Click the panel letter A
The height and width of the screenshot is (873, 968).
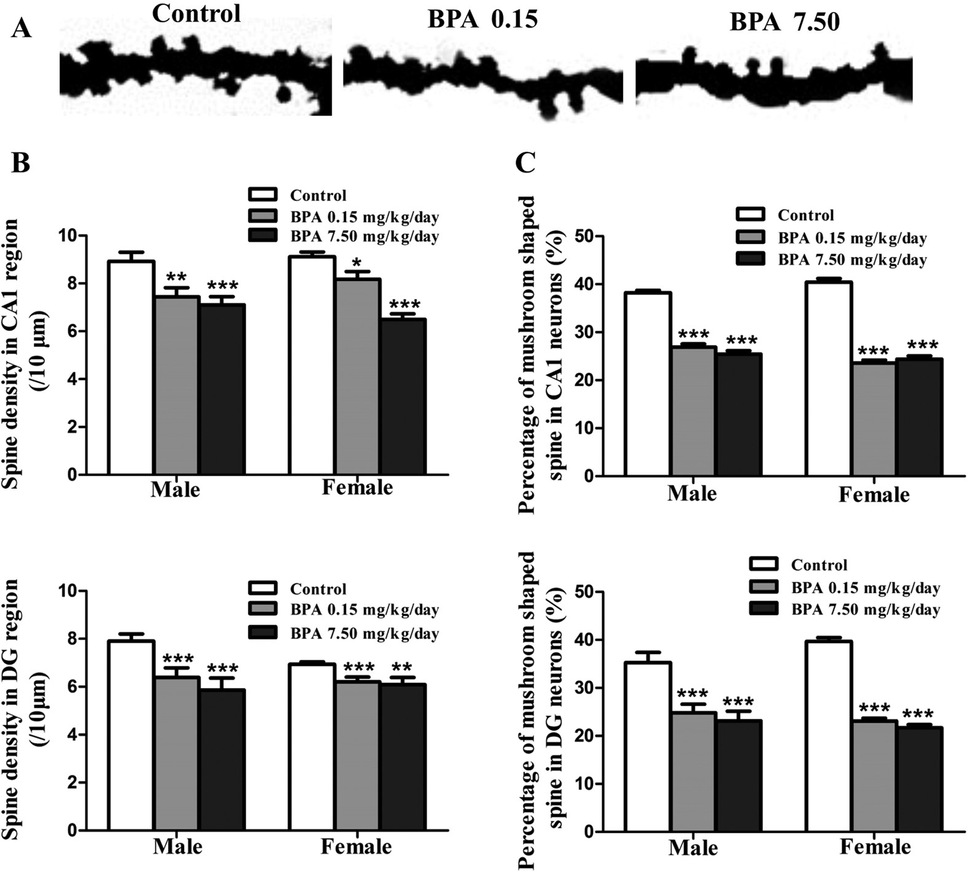point(21,28)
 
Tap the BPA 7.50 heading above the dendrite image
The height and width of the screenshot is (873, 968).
point(784,22)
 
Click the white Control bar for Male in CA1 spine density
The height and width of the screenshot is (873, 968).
point(131,369)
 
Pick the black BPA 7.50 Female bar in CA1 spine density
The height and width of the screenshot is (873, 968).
point(403,397)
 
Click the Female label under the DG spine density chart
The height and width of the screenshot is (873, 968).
point(356,847)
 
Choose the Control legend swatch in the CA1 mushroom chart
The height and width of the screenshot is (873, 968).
point(750,215)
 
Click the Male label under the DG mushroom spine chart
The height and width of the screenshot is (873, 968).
point(693,848)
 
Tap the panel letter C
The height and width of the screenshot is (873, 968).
point(525,163)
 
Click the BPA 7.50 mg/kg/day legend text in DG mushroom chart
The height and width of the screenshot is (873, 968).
point(865,610)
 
